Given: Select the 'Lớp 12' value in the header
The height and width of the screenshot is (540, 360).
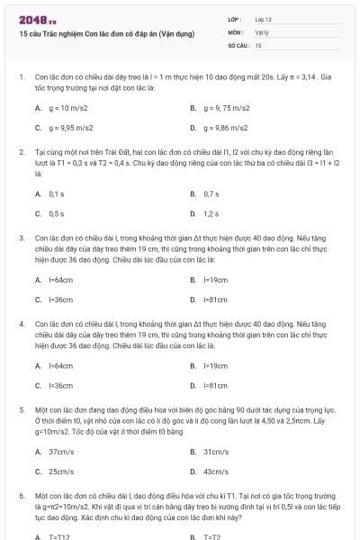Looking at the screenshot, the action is click(x=263, y=19).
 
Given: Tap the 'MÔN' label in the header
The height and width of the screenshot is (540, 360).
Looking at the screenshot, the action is click(x=236, y=31).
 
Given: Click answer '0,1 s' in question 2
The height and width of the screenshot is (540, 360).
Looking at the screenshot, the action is click(x=56, y=193).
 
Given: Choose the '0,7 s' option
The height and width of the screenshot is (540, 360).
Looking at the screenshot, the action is click(x=211, y=193).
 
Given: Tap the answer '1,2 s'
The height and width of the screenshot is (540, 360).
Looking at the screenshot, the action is click(x=211, y=214).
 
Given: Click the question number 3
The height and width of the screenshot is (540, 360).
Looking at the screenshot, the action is click(x=21, y=238).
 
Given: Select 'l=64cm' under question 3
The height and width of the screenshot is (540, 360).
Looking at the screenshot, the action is click(x=60, y=279).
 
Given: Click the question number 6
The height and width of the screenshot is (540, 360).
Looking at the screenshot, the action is click(x=21, y=495).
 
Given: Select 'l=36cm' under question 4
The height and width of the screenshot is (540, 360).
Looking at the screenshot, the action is click(x=60, y=385).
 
